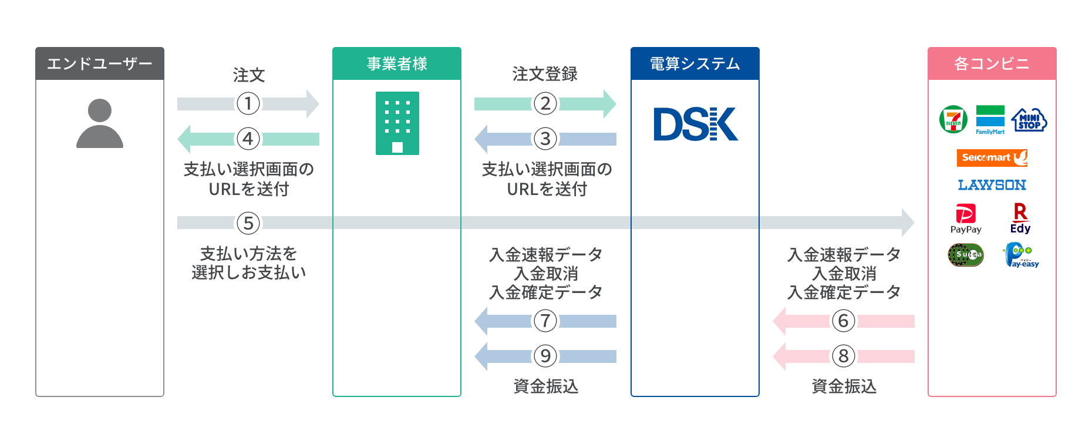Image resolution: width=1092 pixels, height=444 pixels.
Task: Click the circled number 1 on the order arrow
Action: pos(248,104)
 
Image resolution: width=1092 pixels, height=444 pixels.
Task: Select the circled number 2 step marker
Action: pos(545,104)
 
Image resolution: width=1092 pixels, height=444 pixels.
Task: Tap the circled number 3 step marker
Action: pos(545,139)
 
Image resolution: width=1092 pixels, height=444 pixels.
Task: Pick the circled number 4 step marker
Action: pos(248,139)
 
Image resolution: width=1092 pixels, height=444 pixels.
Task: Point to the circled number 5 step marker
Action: pos(248,223)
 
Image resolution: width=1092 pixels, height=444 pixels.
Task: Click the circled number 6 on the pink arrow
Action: pos(844,321)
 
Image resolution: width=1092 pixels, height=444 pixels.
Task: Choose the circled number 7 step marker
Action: pos(545,321)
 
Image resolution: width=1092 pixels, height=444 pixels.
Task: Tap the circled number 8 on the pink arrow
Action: pos(844,356)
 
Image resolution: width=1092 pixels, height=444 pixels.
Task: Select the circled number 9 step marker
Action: pos(545,356)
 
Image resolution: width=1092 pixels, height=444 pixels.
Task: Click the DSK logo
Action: pos(695,125)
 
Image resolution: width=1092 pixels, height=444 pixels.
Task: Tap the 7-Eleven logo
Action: pos(953,120)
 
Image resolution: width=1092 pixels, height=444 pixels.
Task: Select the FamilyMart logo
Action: pos(990,120)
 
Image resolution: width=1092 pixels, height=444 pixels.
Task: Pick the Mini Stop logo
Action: pos(1029,120)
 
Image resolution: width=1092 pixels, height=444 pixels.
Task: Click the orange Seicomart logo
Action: pos(992,157)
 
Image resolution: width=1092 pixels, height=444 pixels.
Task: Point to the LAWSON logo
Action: pos(992,185)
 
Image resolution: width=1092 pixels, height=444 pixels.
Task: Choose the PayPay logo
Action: pos(966,219)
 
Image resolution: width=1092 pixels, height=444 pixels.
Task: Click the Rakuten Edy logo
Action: pos(1020,218)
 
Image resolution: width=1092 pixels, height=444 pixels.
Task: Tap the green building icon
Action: pos(397,123)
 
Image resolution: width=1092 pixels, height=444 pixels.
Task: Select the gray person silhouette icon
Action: pos(100,123)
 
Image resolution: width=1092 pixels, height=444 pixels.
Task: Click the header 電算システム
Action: pos(695,63)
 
